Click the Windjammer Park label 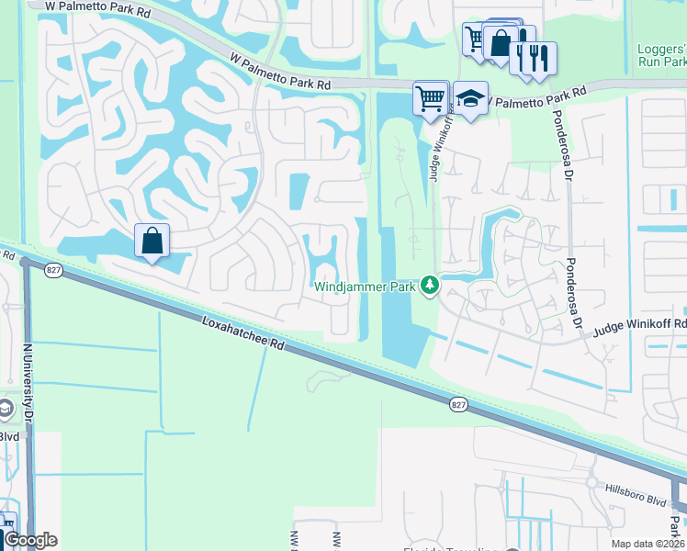click(366, 287)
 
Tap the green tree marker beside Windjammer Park click(429, 287)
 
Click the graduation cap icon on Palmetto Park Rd click(470, 99)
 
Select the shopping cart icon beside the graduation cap click(430, 97)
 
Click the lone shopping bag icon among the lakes click(152, 242)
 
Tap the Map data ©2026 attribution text click(647, 544)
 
